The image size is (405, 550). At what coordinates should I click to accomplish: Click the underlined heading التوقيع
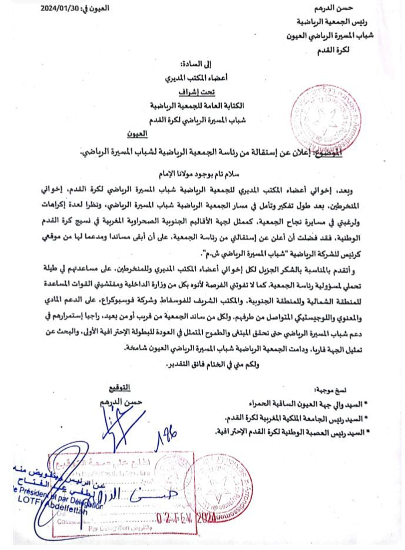(121, 388)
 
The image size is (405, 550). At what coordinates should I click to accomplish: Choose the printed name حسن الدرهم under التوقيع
(121, 401)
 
